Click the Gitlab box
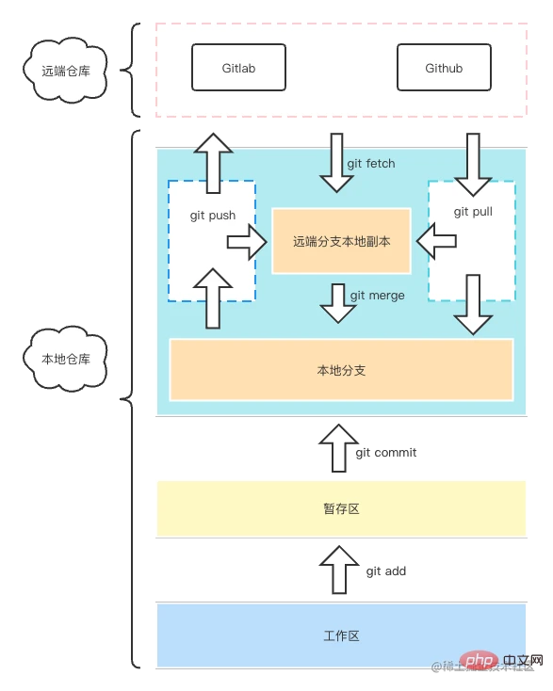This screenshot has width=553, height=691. tap(238, 68)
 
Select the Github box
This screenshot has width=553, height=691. tap(444, 68)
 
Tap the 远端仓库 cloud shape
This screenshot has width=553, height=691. tap(66, 70)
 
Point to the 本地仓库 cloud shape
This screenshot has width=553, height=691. tap(66, 359)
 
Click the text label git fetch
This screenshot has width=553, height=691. tap(371, 163)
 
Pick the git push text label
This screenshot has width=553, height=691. tap(212, 215)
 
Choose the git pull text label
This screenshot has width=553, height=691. tap(473, 211)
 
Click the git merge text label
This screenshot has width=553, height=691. tap(377, 295)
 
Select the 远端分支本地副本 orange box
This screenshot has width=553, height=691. tap(341, 241)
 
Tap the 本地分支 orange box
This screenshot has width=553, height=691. tap(341, 370)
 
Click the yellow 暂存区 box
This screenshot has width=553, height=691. tap(340, 508)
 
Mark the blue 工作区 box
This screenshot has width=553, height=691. tap(340, 635)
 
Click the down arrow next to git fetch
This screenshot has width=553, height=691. tap(336, 161)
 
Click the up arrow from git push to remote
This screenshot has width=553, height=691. tap(214, 162)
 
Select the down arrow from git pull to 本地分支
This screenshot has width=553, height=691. tap(473, 303)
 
